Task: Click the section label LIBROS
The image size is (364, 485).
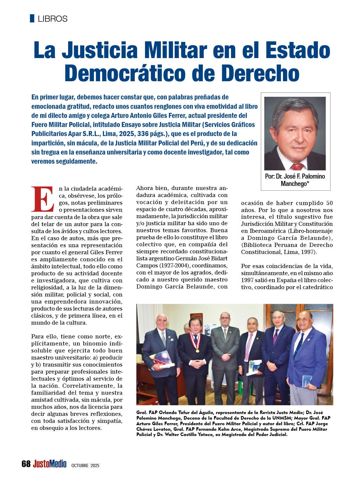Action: point(53,19)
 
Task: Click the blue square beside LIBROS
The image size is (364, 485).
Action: point(32,18)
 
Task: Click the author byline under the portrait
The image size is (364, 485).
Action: point(295,180)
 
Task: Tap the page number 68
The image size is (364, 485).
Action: point(26,464)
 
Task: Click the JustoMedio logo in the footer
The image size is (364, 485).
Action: point(50,464)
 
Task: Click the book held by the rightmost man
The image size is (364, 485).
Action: point(308,381)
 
